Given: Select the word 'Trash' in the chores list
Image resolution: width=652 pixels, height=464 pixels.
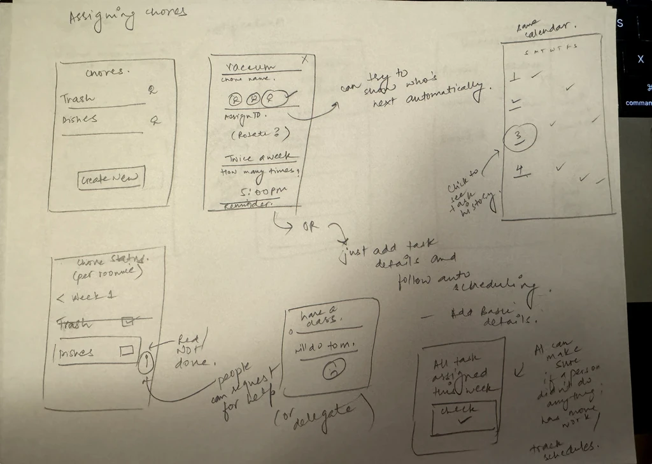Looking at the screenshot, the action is pyautogui.click(x=78, y=99).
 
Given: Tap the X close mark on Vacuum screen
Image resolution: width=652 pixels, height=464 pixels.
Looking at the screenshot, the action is pyautogui.click(x=304, y=59).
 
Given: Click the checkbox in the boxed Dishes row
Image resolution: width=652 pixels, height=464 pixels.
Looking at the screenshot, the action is pyautogui.click(x=126, y=349).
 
